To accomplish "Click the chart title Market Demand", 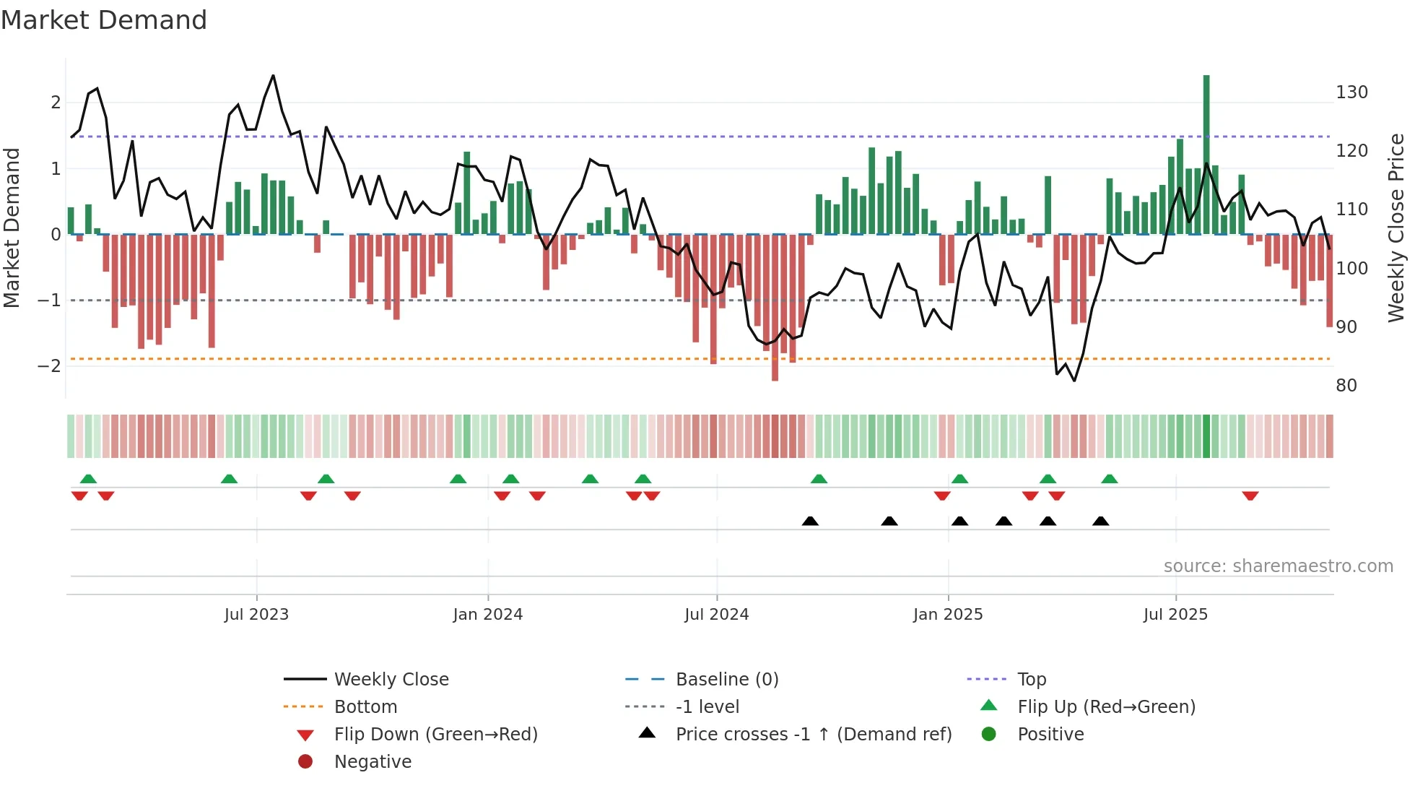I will pos(104,20).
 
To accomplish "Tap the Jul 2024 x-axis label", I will pos(716,615).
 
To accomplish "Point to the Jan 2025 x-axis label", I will pos(947,615).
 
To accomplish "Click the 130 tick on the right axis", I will pos(1351,92).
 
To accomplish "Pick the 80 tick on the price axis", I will pos(1346,386).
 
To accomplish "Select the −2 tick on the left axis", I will pos(49,366).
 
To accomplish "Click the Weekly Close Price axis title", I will pos(1396,228).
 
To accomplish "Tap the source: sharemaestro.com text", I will pos(1278,566).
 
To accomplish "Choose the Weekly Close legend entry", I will pos(391,680).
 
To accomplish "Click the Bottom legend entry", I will pos(365,707).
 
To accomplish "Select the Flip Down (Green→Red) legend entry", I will pos(435,735).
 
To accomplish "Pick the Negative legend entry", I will pos(373,762).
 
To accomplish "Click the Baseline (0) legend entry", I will pos(726,680).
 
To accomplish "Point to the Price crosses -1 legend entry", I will pos(813,735).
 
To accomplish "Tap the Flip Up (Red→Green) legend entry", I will pos(1106,707).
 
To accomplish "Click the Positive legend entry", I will pos(1050,735).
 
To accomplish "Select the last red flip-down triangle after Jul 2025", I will pos(1250,496).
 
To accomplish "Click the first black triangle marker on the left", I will pos(810,521).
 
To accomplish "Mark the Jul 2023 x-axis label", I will pos(256,615).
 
